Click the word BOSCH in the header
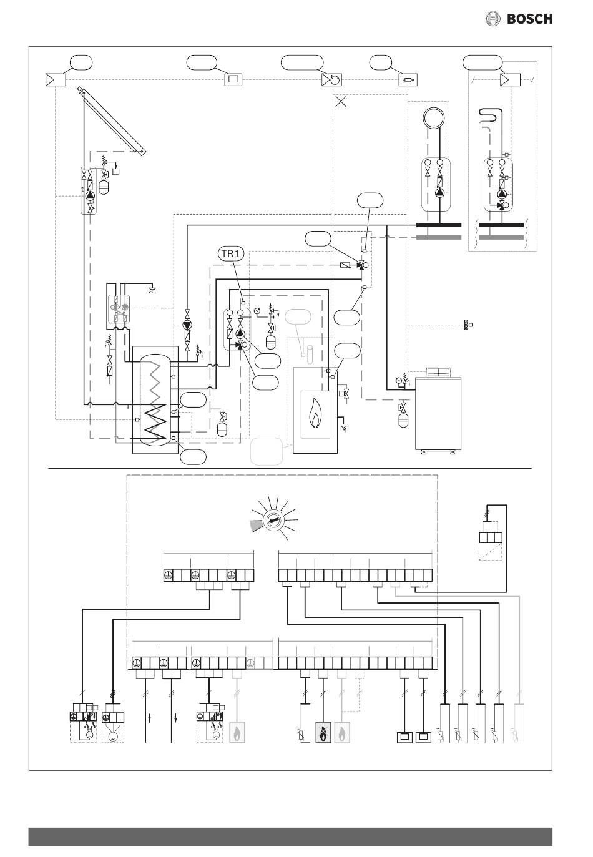[x=529, y=19]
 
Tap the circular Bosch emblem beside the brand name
[x=493, y=19]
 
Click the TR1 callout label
[x=231, y=253]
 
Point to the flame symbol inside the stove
[x=315, y=413]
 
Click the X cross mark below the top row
[x=340, y=102]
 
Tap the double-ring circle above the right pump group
[x=434, y=118]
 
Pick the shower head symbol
[x=152, y=288]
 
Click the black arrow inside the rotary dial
[x=273, y=521]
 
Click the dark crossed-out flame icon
[x=323, y=733]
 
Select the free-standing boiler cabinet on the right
[x=438, y=412]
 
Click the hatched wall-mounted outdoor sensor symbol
[x=466, y=325]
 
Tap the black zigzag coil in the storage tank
[x=155, y=423]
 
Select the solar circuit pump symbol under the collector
[x=90, y=195]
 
